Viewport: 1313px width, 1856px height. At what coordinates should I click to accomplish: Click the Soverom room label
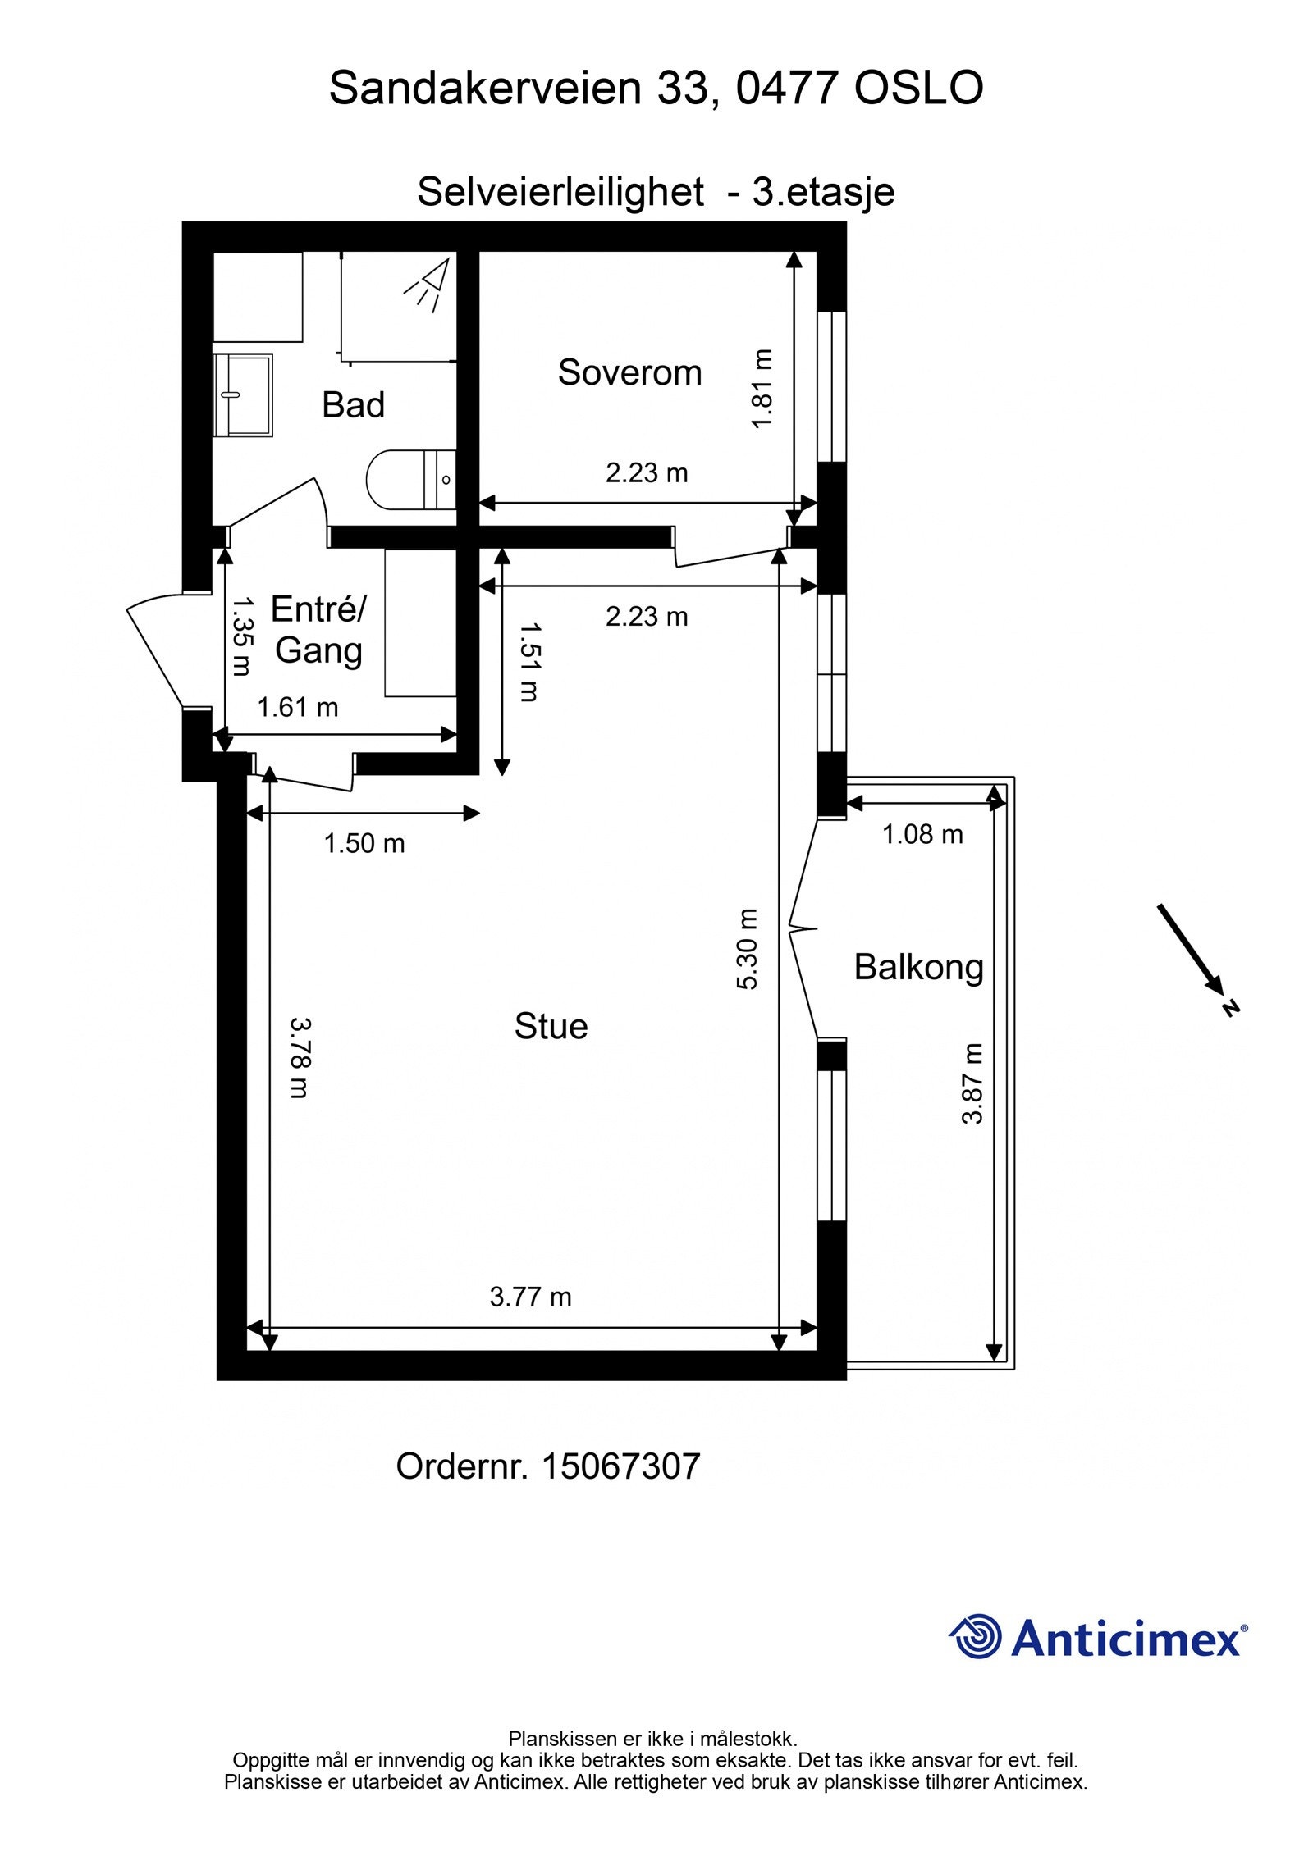click(629, 372)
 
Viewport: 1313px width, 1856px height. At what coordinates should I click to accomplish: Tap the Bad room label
click(353, 405)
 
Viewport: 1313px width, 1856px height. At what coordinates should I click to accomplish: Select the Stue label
click(551, 1026)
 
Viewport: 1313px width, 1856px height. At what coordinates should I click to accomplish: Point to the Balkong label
click(918, 968)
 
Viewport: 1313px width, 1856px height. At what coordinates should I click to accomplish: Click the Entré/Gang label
click(318, 629)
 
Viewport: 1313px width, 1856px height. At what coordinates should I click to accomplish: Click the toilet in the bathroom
click(411, 479)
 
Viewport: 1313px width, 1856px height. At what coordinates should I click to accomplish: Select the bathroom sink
click(243, 395)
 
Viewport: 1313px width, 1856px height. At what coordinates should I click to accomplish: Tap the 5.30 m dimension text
click(748, 949)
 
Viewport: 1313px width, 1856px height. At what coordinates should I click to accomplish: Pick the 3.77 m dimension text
click(530, 1297)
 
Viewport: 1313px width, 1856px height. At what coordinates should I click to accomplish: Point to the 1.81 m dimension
click(762, 389)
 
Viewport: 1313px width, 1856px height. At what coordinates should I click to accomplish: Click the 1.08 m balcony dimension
click(922, 834)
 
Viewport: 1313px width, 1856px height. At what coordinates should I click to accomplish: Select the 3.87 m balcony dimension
click(972, 1083)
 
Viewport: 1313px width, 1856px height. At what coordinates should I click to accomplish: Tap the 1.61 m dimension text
click(298, 707)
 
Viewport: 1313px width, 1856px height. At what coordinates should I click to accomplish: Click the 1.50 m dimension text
click(364, 843)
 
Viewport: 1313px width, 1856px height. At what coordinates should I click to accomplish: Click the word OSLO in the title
click(919, 88)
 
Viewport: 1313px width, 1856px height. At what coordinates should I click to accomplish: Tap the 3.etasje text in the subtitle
click(823, 192)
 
